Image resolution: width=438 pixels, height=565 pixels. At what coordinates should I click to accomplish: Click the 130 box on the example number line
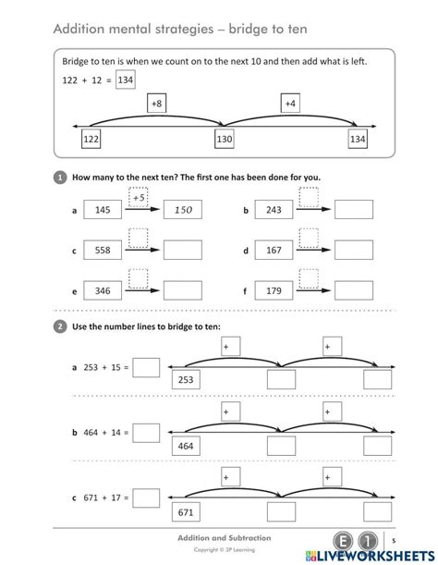click(225, 139)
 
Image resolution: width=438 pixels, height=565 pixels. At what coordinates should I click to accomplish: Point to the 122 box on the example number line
click(91, 139)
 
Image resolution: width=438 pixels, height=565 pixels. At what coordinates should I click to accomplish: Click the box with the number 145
click(103, 211)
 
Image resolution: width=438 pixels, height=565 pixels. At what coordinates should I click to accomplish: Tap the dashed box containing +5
click(140, 196)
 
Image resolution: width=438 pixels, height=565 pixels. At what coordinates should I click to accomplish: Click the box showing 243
click(273, 211)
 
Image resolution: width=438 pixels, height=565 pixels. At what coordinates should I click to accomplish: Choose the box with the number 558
click(103, 251)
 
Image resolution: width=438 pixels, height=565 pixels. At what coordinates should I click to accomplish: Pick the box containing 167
click(273, 251)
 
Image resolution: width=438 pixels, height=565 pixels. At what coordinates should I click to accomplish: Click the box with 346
click(103, 290)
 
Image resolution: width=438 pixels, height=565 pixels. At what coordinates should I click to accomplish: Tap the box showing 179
click(273, 290)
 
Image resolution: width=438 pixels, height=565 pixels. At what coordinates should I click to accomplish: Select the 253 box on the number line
click(186, 380)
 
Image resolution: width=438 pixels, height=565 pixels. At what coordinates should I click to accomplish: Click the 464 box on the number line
click(186, 446)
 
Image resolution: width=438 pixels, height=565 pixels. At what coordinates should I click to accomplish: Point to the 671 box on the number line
click(186, 512)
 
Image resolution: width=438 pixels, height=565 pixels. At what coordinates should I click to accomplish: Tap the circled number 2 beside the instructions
click(60, 325)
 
